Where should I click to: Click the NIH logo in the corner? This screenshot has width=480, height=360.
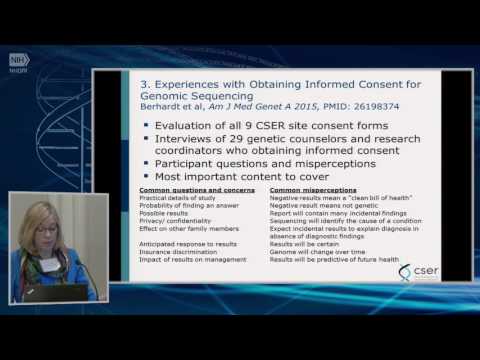pos(19,60)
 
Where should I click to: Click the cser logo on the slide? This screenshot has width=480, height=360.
pos(419,272)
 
